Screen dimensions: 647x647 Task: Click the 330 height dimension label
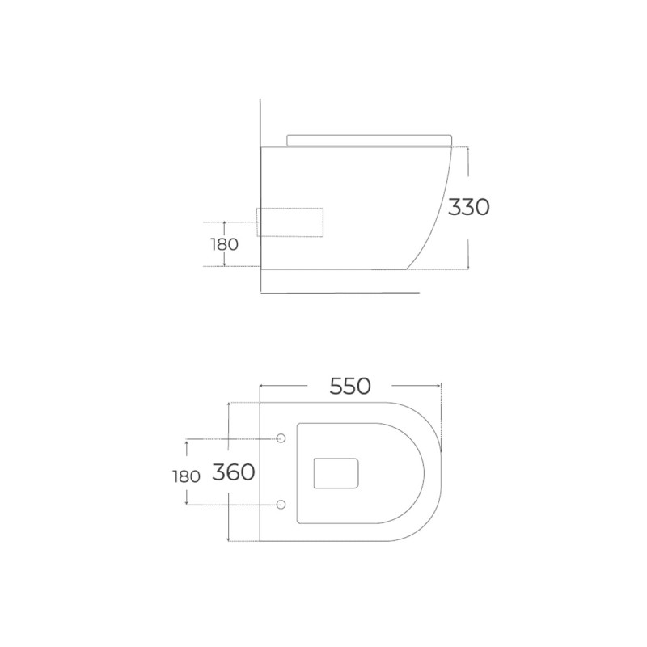(469, 207)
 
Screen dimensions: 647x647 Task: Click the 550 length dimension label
(350, 387)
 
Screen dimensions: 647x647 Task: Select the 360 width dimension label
(234, 472)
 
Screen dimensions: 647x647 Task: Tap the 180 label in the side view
(225, 245)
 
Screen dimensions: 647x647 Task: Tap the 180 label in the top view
(187, 476)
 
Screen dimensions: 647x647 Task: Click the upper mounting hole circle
(281, 438)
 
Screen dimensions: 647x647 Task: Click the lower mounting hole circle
(281, 504)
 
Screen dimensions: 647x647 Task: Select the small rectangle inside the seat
(336, 473)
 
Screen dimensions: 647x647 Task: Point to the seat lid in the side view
(370, 140)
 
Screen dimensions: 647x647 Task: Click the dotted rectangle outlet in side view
(290, 222)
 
